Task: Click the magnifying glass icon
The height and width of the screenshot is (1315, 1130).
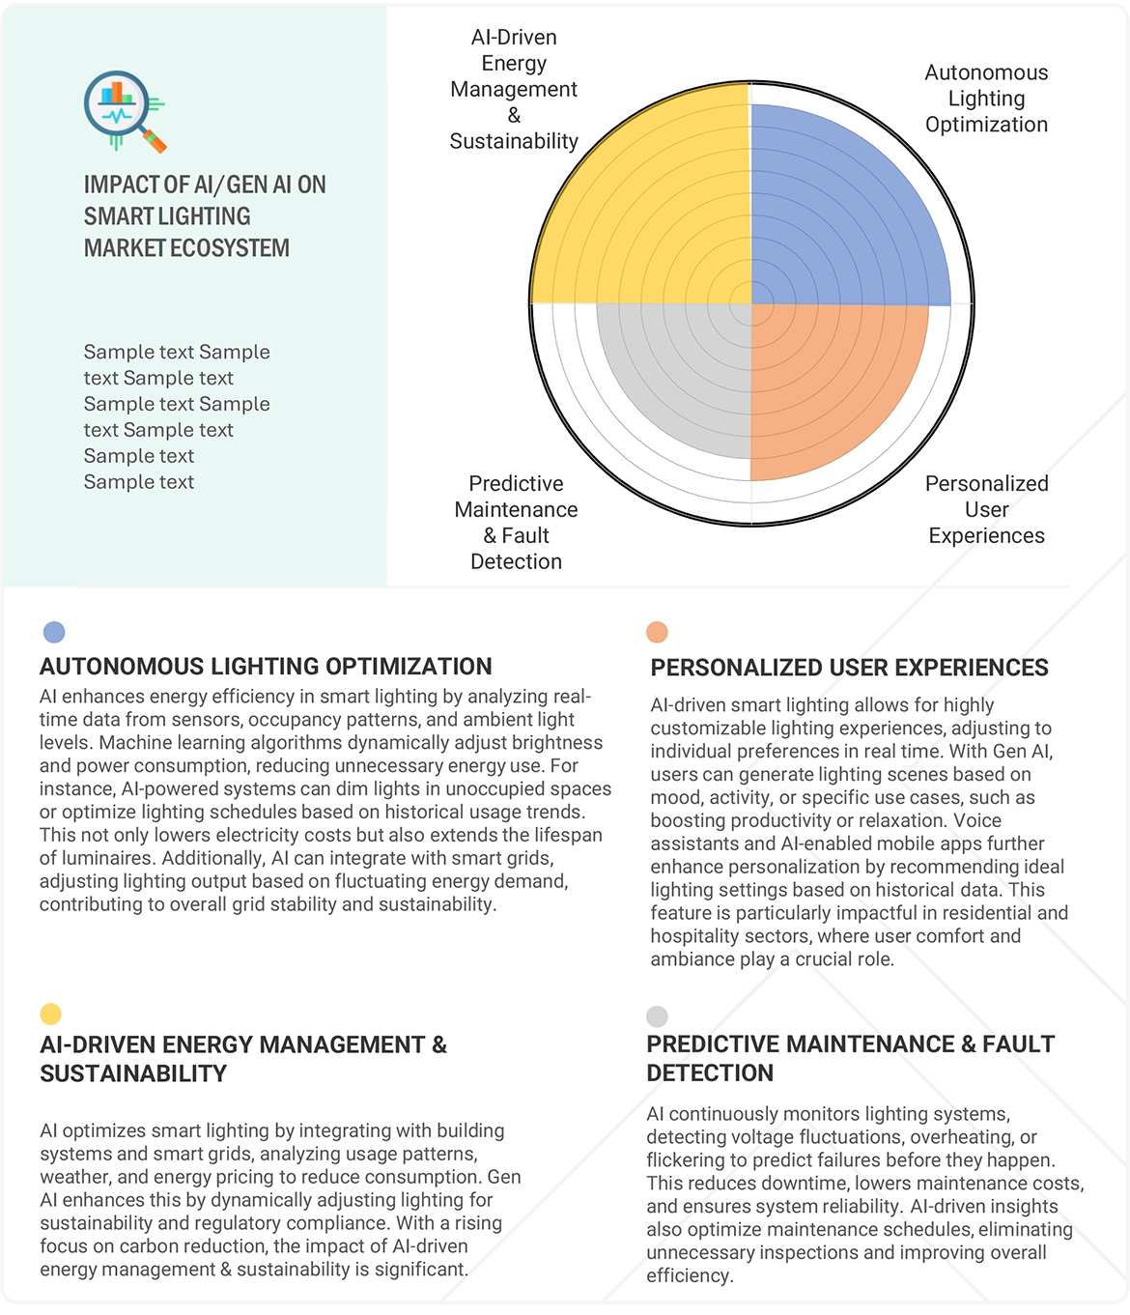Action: coord(123,110)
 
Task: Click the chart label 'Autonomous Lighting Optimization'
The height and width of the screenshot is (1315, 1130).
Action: coord(986,99)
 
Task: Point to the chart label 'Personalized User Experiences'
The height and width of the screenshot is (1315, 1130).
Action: coord(986,509)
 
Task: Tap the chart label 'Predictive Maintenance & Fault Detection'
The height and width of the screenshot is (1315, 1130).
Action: coord(516,522)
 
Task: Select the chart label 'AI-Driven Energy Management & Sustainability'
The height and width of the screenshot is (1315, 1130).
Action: coord(514,89)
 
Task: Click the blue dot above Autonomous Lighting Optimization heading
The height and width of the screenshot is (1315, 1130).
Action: coord(54,632)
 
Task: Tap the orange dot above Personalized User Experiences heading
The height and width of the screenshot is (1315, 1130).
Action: coord(657,632)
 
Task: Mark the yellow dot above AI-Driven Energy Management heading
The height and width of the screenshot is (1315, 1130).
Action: coord(50,1014)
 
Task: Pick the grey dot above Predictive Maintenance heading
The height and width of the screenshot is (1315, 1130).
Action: coord(657,1016)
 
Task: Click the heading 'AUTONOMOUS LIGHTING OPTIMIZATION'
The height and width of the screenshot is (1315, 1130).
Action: coord(266,667)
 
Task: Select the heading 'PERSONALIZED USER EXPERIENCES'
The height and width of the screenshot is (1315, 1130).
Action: coord(849,668)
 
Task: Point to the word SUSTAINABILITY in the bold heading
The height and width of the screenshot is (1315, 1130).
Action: coord(133,1073)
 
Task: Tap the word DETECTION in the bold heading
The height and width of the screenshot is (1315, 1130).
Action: coord(710,1072)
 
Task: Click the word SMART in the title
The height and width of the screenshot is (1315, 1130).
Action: coord(119,216)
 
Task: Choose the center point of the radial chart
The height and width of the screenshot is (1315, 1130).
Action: coord(751,304)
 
